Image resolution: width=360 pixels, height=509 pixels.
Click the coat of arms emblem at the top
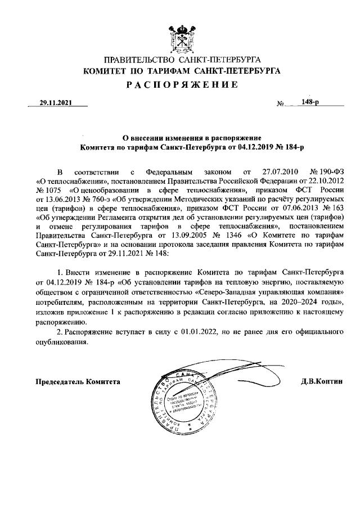180,37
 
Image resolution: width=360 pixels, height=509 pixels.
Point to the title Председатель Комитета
78,381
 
